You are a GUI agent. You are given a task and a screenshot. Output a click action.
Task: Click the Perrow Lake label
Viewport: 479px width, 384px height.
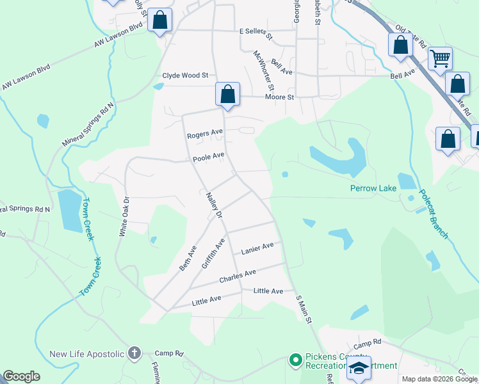coord(373,188)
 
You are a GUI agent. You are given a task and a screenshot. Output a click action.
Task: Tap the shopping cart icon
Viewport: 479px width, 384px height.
coord(440,59)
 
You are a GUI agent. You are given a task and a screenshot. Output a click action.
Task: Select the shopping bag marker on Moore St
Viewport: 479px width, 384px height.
coord(227,94)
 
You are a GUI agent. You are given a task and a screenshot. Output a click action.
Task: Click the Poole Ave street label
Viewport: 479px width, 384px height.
coord(209,156)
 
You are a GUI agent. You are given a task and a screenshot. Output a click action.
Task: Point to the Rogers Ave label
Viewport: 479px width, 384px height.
coord(204,135)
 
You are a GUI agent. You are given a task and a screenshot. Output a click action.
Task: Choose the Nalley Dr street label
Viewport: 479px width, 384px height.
coord(214,207)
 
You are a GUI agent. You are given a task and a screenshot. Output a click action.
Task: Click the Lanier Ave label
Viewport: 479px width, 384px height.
coord(257,247)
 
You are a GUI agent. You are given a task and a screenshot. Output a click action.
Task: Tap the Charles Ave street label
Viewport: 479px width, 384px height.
coord(238,276)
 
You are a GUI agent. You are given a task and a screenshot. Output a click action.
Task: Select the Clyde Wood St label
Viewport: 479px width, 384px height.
coord(186,76)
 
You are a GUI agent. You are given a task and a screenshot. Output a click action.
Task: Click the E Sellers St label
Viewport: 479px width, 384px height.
coord(256,30)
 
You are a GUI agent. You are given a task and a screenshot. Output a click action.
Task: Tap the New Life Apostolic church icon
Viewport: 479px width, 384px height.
coord(134,353)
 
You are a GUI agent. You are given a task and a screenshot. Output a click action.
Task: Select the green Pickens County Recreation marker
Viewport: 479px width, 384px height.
coord(295,360)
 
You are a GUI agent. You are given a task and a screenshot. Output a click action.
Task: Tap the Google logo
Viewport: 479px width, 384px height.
coord(22,376)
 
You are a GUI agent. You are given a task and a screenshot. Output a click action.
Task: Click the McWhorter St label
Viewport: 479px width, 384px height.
coord(263,70)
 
